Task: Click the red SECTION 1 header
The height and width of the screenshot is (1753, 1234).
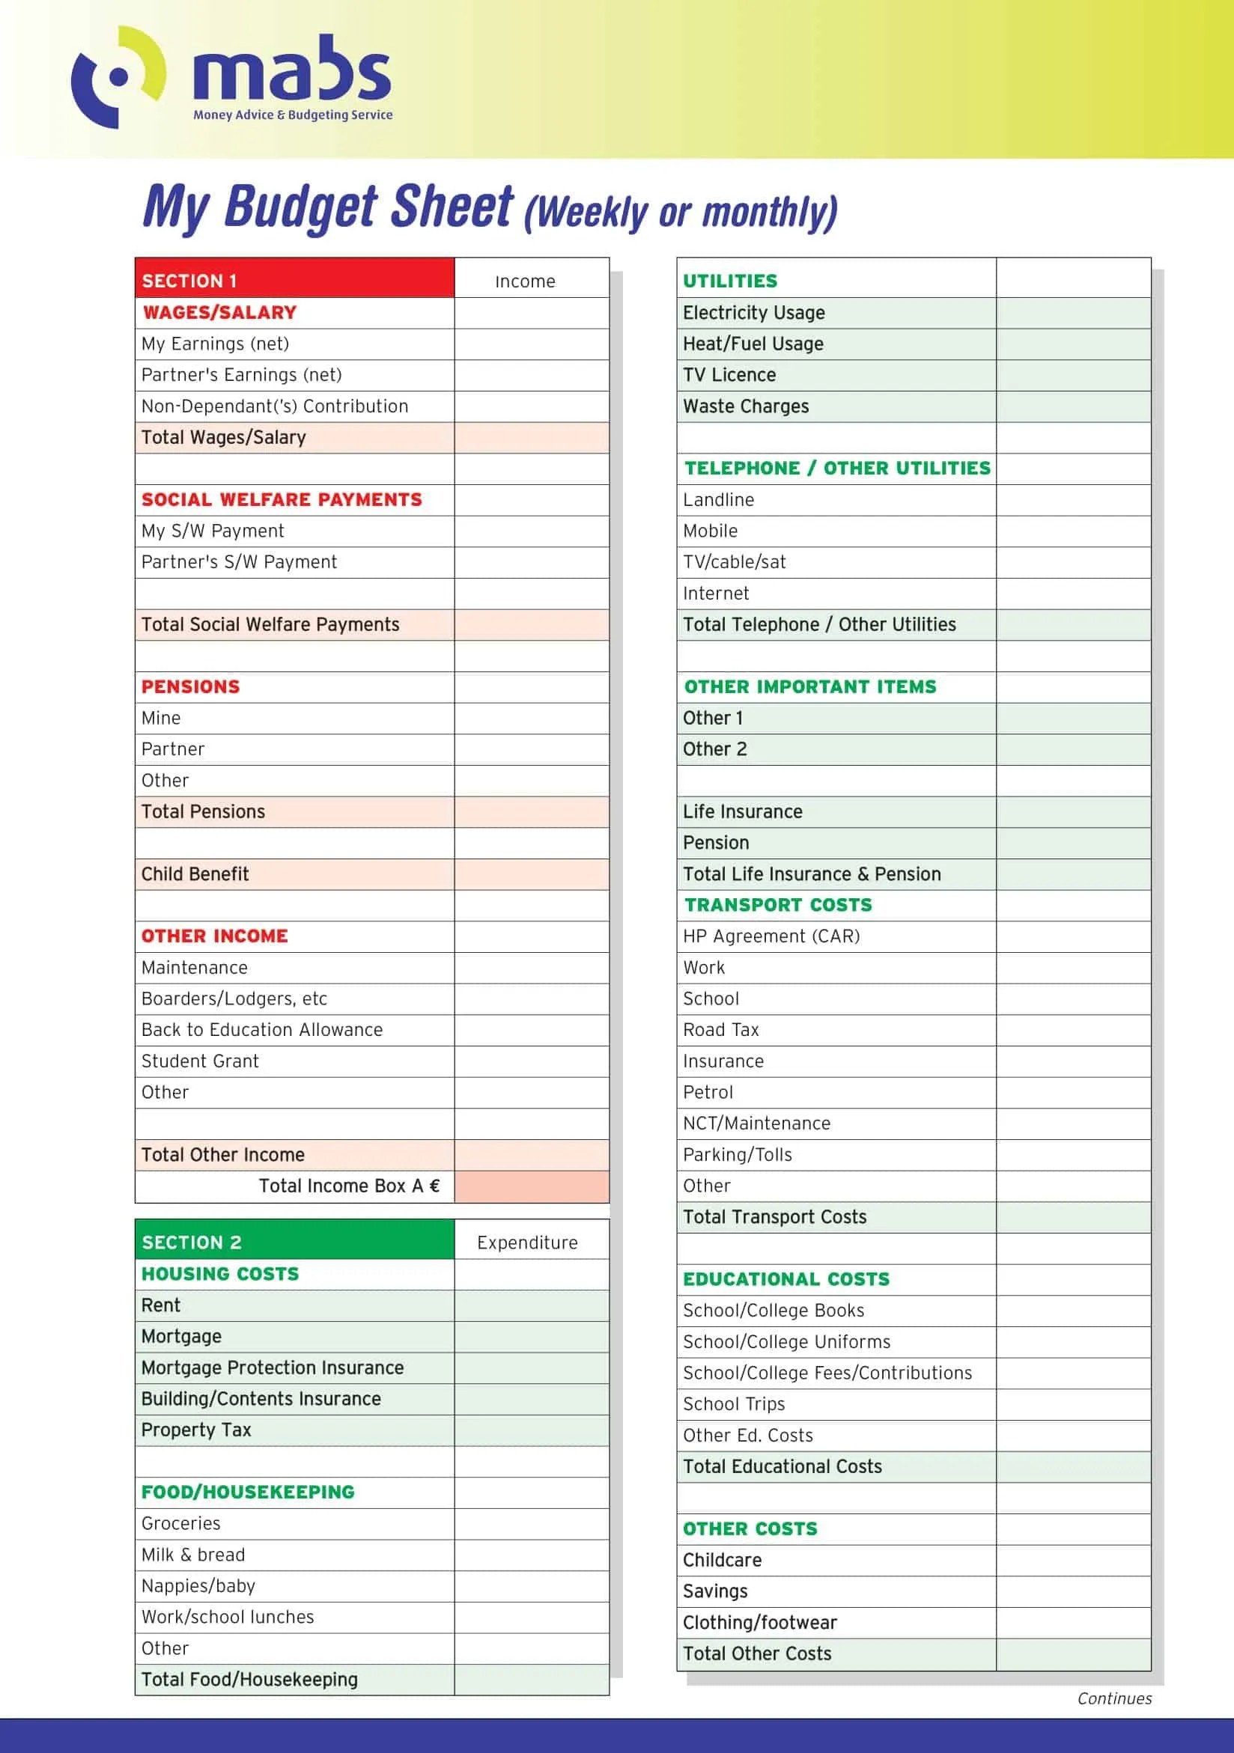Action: (x=294, y=279)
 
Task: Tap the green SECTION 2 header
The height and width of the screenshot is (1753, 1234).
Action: (x=294, y=1242)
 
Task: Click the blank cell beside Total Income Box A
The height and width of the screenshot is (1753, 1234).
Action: (x=532, y=1186)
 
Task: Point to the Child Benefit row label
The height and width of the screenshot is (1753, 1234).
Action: (x=195, y=874)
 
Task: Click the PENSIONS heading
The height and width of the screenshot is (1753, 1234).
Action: (x=191, y=686)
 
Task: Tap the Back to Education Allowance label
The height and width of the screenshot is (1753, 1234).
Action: (x=262, y=1029)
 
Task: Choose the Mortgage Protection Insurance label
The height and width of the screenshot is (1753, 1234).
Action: (x=273, y=1368)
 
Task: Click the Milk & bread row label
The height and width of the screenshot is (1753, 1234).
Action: (x=193, y=1555)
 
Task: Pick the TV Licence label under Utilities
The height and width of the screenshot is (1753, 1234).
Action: (x=729, y=375)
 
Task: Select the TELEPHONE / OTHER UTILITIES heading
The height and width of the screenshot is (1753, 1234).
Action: (x=837, y=468)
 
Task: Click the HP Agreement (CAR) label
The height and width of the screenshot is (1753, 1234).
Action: (x=771, y=936)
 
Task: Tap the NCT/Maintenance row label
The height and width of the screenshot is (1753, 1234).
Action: (x=756, y=1123)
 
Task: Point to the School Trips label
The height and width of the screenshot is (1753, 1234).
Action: (x=734, y=1403)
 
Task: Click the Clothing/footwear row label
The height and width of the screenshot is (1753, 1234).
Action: (x=760, y=1622)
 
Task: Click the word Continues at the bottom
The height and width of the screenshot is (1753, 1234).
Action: (x=1114, y=1698)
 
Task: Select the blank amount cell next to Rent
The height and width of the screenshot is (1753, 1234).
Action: (x=532, y=1305)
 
